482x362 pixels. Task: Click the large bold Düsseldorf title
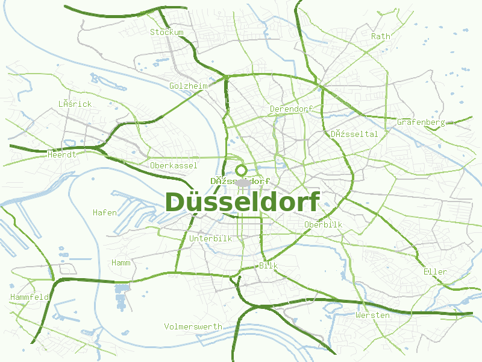tap(242, 203)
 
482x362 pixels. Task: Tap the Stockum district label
tap(167, 32)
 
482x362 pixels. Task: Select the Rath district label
tap(381, 36)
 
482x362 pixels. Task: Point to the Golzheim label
tap(189, 86)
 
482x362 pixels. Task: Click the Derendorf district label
tap(291, 109)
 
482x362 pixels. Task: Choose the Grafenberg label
tap(421, 122)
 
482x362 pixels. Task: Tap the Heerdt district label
tap(61, 154)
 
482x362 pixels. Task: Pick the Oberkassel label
tap(174, 165)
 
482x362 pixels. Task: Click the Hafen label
tap(105, 212)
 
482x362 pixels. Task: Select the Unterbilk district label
tap(210, 238)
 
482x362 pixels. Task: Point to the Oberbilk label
tap(323, 224)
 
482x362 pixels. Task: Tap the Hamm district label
tap(121, 262)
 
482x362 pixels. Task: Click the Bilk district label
tap(268, 265)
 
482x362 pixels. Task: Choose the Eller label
tap(435, 271)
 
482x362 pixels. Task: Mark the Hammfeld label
tap(30, 297)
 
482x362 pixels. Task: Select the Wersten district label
tap(372, 315)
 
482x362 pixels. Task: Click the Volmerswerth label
tap(193, 326)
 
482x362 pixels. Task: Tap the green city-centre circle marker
tap(242, 171)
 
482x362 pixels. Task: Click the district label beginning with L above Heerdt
tap(75, 104)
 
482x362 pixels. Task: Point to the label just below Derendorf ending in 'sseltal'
tap(354, 134)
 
